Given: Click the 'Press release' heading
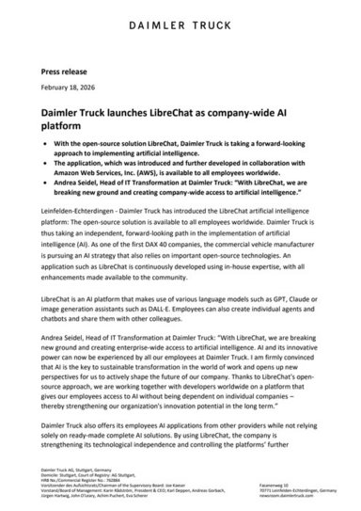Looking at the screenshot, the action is [67, 70].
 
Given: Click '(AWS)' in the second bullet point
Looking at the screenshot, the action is [143, 171].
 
